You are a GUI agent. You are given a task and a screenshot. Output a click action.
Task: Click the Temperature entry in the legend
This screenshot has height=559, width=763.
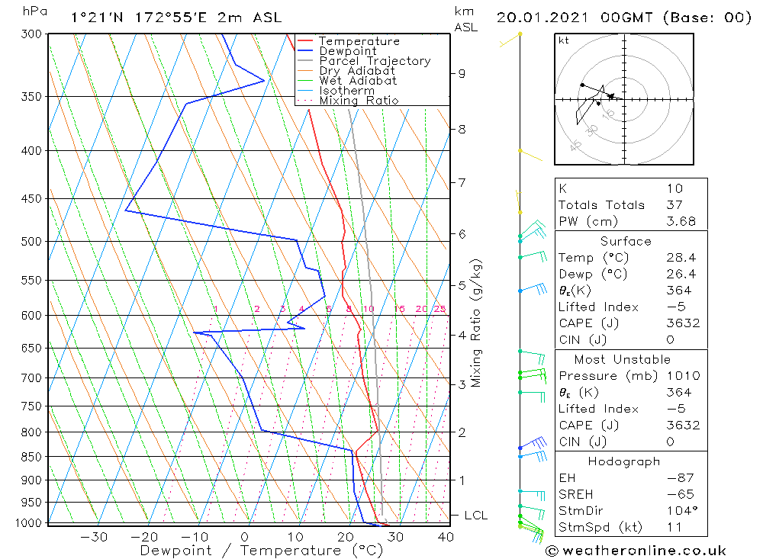coord(358,41)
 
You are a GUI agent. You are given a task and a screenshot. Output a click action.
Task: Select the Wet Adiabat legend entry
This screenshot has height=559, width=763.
coord(358,81)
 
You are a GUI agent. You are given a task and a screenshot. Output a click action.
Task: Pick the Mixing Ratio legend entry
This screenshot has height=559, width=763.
coord(358,101)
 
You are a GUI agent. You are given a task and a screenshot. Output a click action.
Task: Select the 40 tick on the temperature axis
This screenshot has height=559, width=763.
coord(446,537)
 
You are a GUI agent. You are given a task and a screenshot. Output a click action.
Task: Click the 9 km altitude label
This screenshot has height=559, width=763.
coord(462,74)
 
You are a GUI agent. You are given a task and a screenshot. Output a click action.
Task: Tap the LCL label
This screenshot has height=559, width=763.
coord(475,516)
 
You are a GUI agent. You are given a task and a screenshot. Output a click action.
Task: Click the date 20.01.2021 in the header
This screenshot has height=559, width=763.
coord(542,18)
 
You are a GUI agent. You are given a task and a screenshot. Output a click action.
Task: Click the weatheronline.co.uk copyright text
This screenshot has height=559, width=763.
coord(636,551)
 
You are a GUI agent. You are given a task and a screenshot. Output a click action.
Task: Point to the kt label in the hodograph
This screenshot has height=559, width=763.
coord(564,40)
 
